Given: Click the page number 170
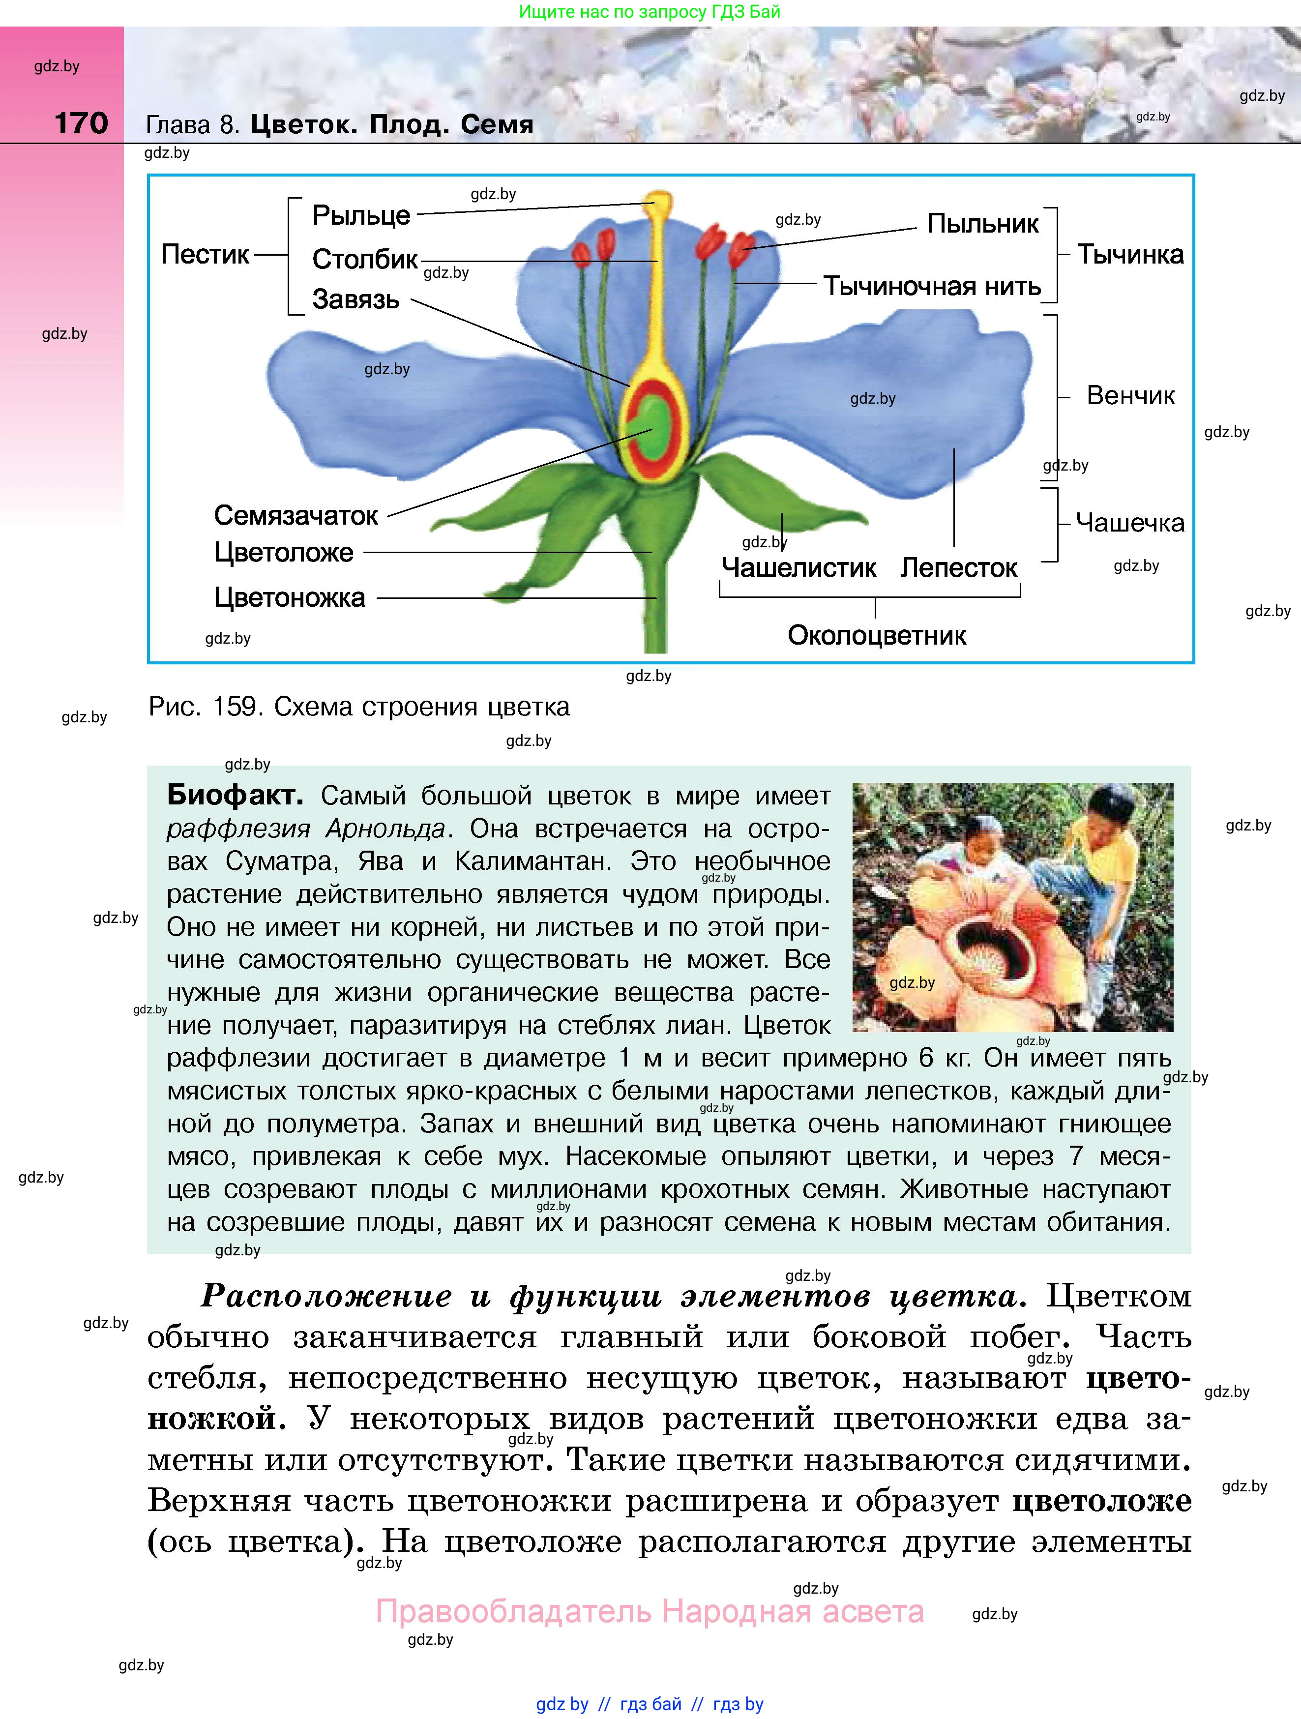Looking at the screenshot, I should [x=81, y=123].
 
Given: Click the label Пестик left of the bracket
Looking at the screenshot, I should [x=205, y=254].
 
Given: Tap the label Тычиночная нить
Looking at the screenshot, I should [x=932, y=286].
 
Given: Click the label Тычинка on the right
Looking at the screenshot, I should [x=1130, y=254].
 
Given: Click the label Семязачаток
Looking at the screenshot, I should [x=296, y=515].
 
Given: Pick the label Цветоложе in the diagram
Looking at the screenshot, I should [x=284, y=553].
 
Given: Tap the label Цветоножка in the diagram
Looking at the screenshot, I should [x=289, y=597].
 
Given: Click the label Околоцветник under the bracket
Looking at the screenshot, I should [x=877, y=636].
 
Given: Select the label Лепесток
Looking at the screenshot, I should [x=958, y=568].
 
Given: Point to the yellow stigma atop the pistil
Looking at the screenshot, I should [x=661, y=204].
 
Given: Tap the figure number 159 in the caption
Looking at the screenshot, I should [x=235, y=707].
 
